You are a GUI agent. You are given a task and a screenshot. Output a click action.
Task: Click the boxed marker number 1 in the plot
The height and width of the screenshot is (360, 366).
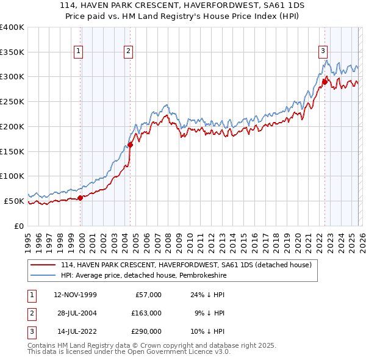[79, 52]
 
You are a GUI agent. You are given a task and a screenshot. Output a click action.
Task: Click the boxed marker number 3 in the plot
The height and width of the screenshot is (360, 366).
[323, 52]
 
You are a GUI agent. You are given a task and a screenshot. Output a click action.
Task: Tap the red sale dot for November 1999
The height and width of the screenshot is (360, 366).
[80, 197]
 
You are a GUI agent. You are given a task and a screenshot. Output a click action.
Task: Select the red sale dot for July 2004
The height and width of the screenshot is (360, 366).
[131, 145]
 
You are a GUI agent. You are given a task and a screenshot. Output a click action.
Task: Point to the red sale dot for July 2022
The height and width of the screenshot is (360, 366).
[325, 81]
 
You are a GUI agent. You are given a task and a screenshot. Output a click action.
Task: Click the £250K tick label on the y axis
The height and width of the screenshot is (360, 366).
[12, 101]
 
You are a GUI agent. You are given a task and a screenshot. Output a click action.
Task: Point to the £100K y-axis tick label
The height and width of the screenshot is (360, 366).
[12, 176]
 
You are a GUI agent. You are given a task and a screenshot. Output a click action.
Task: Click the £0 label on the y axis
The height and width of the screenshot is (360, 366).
[18, 226]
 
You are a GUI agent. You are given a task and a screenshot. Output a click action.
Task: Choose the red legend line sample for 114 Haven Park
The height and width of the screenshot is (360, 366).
[43, 265]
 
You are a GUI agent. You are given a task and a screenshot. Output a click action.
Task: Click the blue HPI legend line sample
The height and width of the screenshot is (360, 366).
[43, 275]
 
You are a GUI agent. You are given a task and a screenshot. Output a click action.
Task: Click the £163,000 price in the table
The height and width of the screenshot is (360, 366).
[146, 313]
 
